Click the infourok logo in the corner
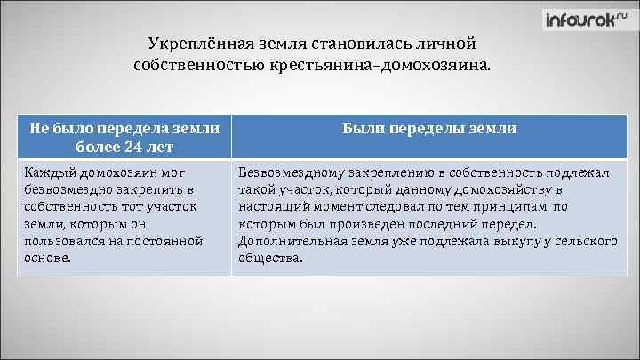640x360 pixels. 587,20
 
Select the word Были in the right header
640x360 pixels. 364,129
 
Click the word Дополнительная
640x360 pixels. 291,241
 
